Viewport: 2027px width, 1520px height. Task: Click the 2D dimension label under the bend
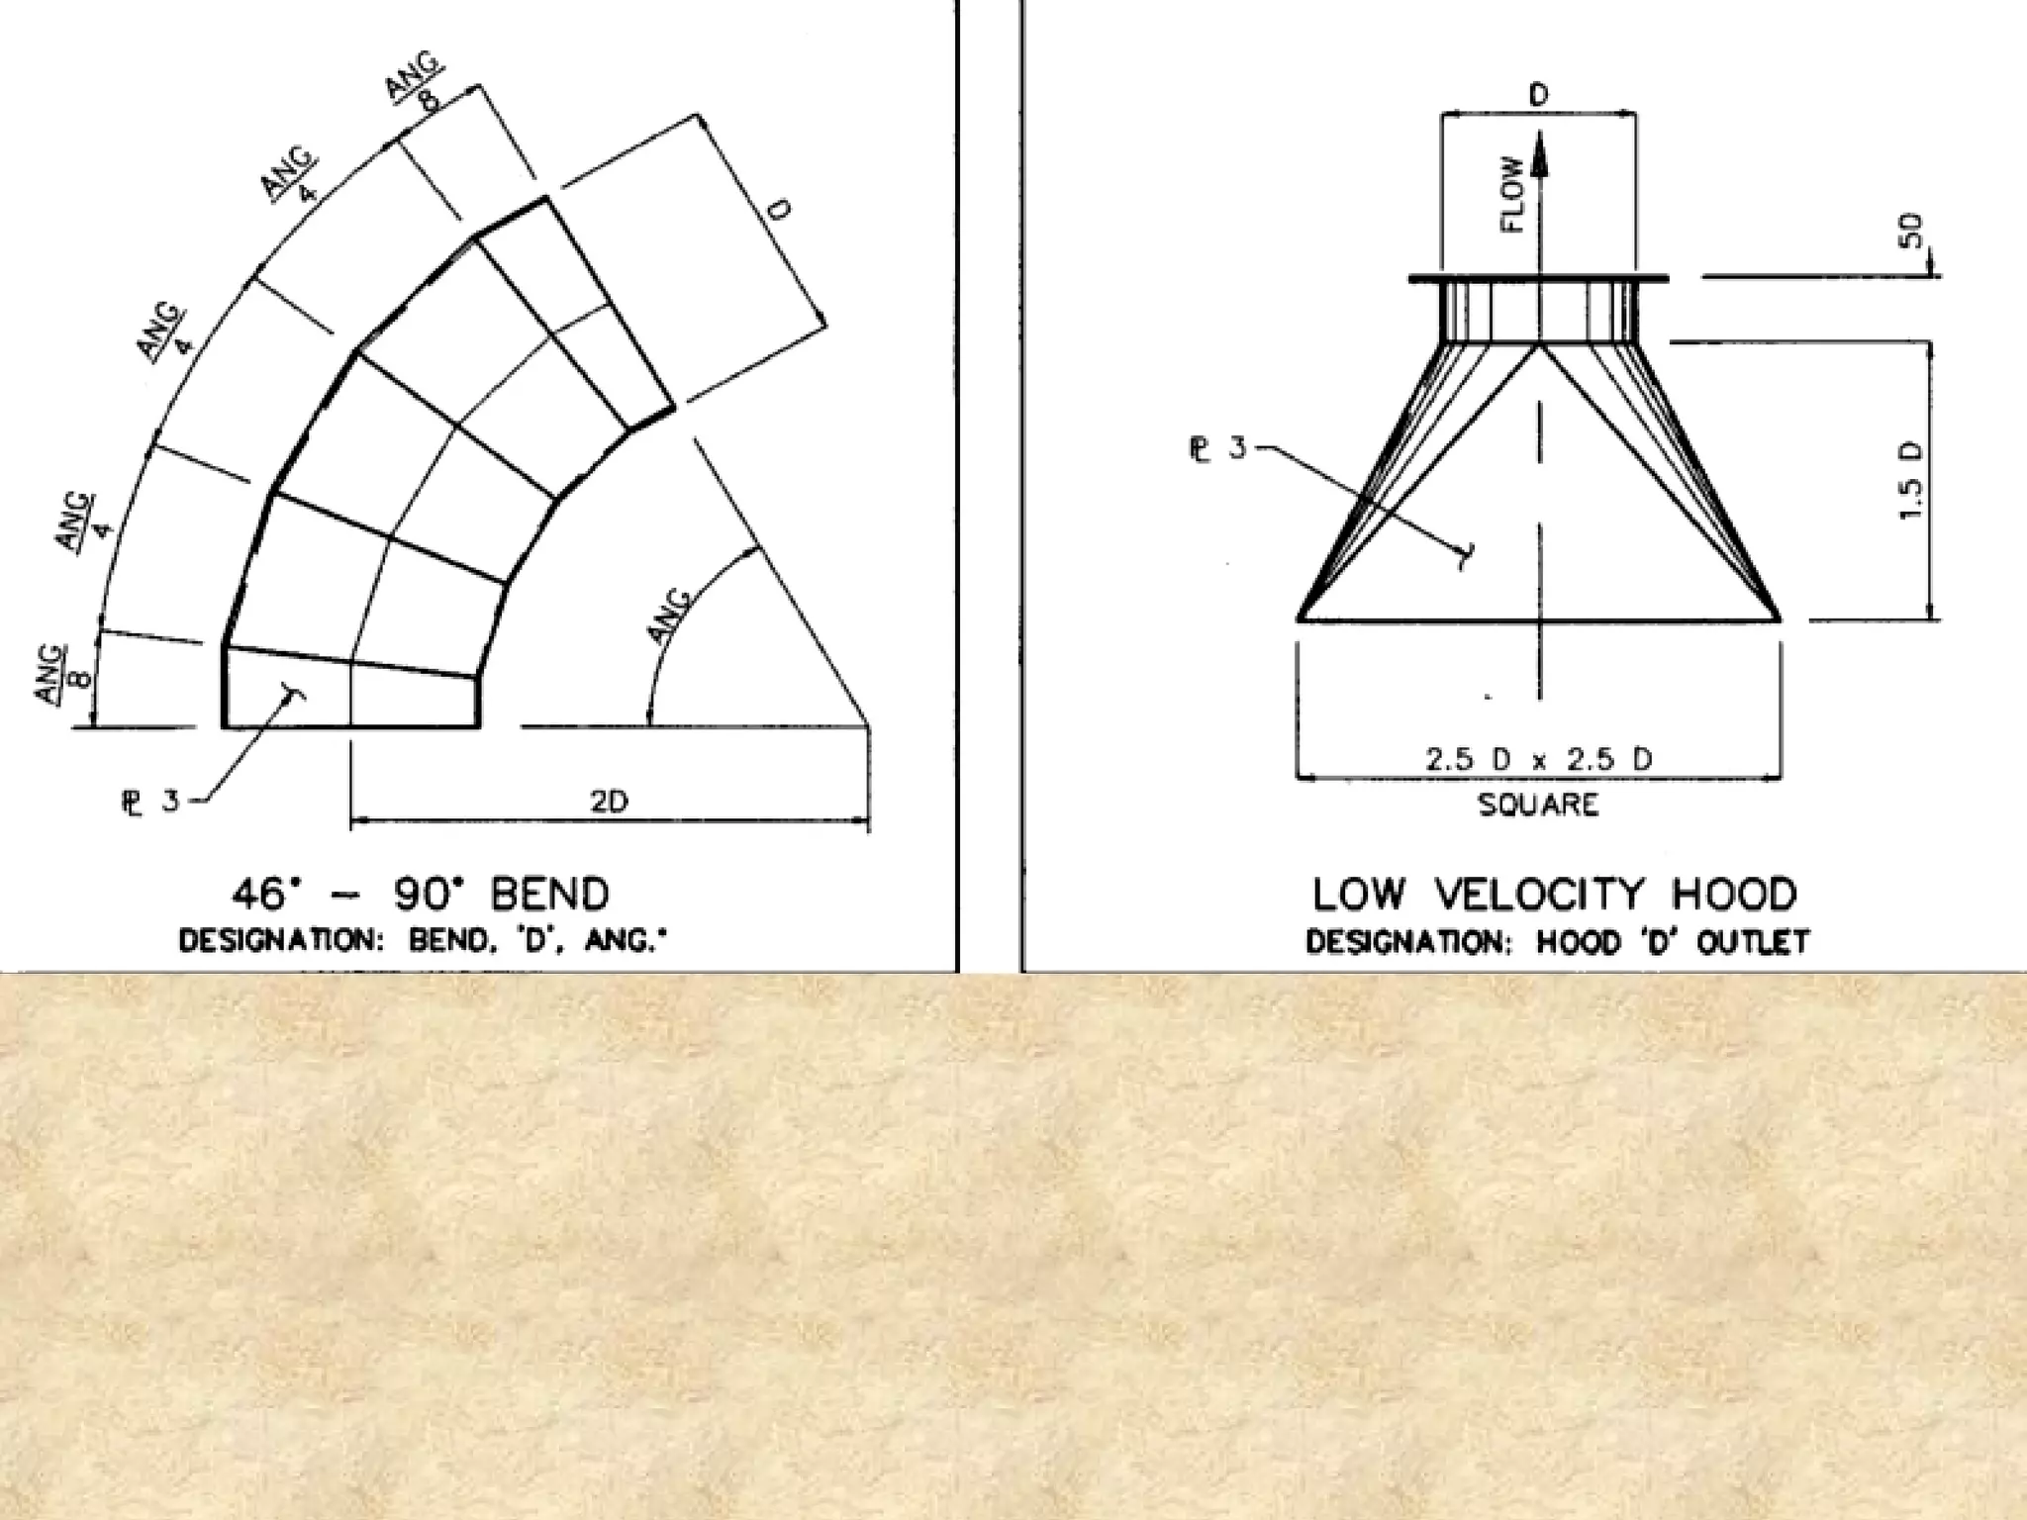click(610, 801)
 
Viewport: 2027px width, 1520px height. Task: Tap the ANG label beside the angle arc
click(672, 616)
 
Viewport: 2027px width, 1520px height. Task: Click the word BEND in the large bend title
click(550, 895)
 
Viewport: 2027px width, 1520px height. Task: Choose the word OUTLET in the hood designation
click(1753, 941)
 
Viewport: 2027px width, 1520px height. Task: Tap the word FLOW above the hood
click(1512, 194)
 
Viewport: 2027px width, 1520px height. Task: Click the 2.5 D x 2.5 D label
click(1538, 760)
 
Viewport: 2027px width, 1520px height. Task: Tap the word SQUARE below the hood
click(1538, 805)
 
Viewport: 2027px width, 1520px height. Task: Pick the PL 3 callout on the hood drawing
click(1217, 448)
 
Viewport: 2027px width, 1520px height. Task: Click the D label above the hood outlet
click(1538, 96)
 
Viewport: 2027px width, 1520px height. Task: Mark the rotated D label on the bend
click(781, 211)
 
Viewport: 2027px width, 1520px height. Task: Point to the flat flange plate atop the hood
click(1538, 279)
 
